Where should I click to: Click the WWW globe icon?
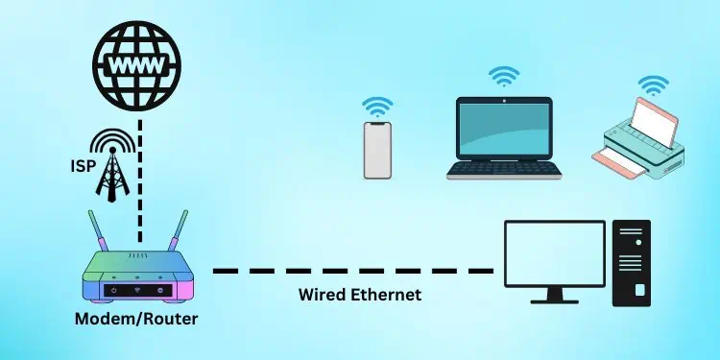click(x=139, y=65)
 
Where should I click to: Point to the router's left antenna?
click(x=98, y=231)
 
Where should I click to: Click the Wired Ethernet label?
click(x=360, y=296)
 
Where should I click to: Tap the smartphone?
click(x=377, y=150)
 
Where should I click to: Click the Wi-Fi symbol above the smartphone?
click(x=377, y=107)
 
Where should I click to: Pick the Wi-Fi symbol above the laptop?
click(x=502, y=76)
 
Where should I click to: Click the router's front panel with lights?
click(x=140, y=288)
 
